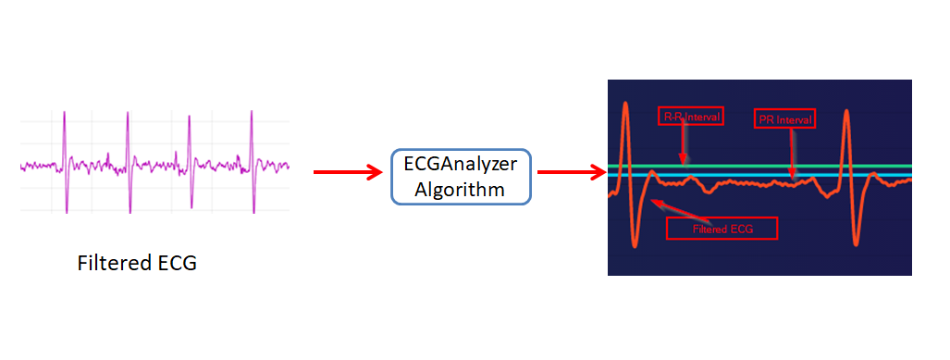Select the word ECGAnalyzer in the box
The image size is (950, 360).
[461, 164]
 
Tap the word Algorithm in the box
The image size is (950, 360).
[460, 190]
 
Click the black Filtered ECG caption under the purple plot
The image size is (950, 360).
[137, 263]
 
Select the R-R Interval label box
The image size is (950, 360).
[690, 117]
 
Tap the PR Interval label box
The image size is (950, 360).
[784, 119]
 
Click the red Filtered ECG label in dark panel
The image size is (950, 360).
[722, 228]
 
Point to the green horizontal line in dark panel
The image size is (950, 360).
[740, 167]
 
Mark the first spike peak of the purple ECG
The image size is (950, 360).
[65, 113]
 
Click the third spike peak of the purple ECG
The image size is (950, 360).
[189, 118]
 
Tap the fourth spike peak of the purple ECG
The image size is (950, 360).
[251, 112]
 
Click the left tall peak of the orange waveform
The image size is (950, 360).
[625, 103]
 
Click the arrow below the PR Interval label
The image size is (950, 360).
[792, 153]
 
